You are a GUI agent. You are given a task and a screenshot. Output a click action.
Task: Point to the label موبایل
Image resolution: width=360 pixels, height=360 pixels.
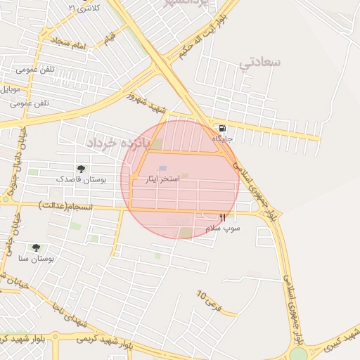pos(14,89)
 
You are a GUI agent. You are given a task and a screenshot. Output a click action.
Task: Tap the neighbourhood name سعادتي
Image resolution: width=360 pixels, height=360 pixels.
pos(259,63)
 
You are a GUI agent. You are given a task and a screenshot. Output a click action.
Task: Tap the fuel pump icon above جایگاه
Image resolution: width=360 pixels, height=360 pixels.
pos(222,129)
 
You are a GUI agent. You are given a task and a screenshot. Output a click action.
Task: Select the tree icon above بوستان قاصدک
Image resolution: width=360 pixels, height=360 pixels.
pos(81,169)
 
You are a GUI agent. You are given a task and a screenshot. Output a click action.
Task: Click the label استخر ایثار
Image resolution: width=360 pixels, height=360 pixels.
pos(162,181)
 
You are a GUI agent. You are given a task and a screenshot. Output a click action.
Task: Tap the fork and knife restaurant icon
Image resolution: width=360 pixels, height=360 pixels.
pos(223,218)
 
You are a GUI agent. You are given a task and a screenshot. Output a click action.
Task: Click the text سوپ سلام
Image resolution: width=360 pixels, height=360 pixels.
pos(223,229)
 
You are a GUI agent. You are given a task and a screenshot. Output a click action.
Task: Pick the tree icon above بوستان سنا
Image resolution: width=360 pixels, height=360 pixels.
pos(36,247)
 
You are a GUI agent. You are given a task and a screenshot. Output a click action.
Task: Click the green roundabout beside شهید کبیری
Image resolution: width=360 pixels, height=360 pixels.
pos(298,354)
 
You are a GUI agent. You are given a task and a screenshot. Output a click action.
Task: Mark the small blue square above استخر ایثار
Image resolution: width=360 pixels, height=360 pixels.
pos(163,169)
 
